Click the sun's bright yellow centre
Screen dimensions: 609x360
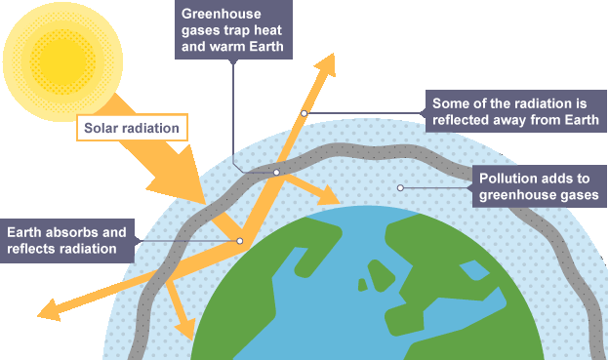click(x=62, y=60)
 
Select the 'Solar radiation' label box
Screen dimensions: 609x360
click(x=132, y=128)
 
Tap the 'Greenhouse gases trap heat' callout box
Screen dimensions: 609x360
click(x=233, y=29)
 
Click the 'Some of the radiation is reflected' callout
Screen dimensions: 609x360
click(x=515, y=111)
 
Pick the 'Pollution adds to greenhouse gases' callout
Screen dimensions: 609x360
click(x=539, y=186)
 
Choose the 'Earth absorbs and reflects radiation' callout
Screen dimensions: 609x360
click(x=67, y=241)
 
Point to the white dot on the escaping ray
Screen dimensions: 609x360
click(x=304, y=113)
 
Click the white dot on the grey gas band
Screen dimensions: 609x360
click(x=276, y=173)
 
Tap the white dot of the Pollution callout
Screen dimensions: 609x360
click(x=400, y=188)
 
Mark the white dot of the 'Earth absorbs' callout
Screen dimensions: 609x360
click(x=240, y=241)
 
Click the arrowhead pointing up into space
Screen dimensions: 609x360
click(x=325, y=65)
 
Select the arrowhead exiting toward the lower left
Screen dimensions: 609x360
click(x=50, y=310)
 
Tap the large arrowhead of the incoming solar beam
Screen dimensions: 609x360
click(x=179, y=178)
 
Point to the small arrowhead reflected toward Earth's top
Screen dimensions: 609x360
click(x=329, y=195)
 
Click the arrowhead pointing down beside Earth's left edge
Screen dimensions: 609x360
click(x=185, y=329)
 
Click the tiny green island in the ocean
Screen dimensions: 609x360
click(x=362, y=285)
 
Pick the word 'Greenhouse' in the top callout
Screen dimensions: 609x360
click(x=221, y=14)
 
